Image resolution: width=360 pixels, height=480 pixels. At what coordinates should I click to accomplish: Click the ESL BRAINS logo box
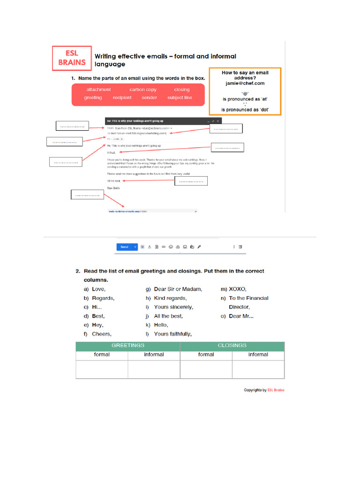tap(72, 58)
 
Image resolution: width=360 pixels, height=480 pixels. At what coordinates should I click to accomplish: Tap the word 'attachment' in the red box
tap(98, 90)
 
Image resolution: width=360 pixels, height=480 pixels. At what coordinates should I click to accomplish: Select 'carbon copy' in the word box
tap(143, 90)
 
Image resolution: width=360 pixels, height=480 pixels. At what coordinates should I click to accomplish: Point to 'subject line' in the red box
tap(180, 97)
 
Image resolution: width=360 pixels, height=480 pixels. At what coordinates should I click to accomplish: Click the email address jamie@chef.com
tap(245, 83)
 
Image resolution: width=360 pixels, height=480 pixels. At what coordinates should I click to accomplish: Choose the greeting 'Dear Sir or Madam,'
tap(178, 289)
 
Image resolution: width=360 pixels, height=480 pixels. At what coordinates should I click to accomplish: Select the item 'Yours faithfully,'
tap(172, 334)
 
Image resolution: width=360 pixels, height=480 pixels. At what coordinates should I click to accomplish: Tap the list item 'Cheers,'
tap(101, 334)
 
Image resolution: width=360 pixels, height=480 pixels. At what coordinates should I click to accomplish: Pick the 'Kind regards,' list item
tap(170, 298)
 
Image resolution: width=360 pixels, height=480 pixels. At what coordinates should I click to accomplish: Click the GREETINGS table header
tap(127, 345)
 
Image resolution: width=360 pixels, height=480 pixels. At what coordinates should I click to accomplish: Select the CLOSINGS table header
tap(232, 345)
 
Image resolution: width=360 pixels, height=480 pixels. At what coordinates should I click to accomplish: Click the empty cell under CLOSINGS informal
tap(258, 369)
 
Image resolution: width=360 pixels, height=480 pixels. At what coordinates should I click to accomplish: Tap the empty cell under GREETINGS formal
tap(102, 369)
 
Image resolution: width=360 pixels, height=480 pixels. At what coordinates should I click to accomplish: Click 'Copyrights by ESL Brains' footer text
tap(264, 390)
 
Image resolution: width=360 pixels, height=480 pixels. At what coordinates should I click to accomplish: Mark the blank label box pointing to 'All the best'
tap(191, 181)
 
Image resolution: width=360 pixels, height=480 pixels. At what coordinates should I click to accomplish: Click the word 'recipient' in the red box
tap(122, 97)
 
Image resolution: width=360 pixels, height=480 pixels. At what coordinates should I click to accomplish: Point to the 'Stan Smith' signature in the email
tap(113, 188)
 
